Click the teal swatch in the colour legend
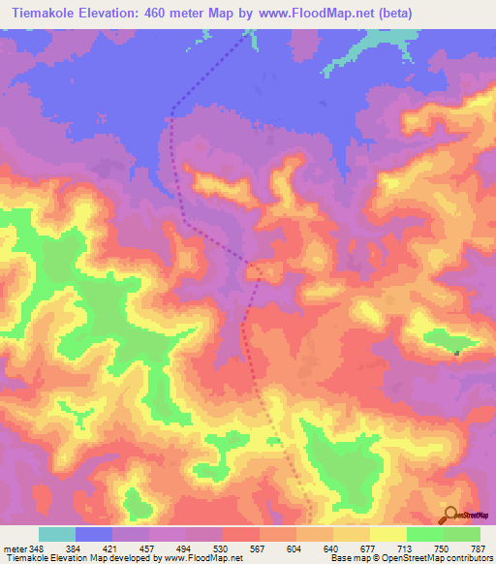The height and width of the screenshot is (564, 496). coord(57,534)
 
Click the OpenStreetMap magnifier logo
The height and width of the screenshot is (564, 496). coord(449,515)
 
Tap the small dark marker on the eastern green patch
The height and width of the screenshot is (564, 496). coord(455,352)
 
